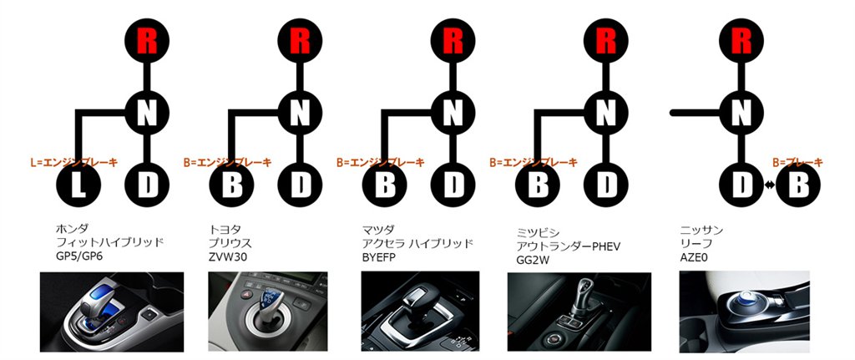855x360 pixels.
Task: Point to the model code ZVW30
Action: tap(226, 257)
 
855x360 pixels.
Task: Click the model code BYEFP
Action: tap(381, 257)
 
